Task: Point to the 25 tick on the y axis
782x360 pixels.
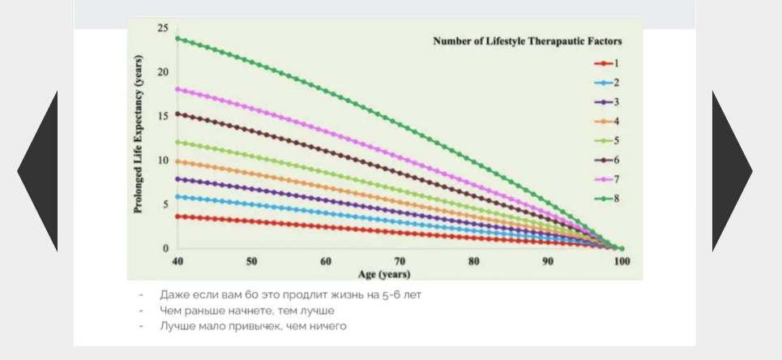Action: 163,28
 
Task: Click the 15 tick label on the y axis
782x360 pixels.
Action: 163,117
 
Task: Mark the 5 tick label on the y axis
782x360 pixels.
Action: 165,204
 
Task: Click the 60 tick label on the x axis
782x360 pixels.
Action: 326,262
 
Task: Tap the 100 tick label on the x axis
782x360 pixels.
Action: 622,262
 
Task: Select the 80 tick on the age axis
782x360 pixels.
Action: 474,262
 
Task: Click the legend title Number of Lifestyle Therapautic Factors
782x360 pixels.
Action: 528,41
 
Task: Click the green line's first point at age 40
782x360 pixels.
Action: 177,38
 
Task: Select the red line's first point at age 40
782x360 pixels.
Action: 177,216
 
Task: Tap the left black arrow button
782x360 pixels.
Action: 37,171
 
